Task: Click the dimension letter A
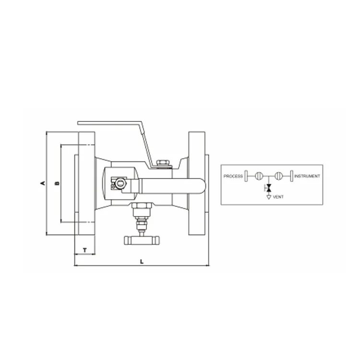pos(43,183)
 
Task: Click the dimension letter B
pos(57,183)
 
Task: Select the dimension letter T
pos(85,250)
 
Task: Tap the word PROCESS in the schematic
pos(233,176)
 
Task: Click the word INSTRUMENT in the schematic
pos(307,176)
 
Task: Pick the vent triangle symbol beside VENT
pos(269,196)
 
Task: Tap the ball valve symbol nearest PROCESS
pos(259,176)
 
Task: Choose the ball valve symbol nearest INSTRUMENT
pos(280,176)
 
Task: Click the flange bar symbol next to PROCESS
pos(246,176)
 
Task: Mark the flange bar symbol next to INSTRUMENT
pos(292,176)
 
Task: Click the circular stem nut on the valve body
pos(119,183)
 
